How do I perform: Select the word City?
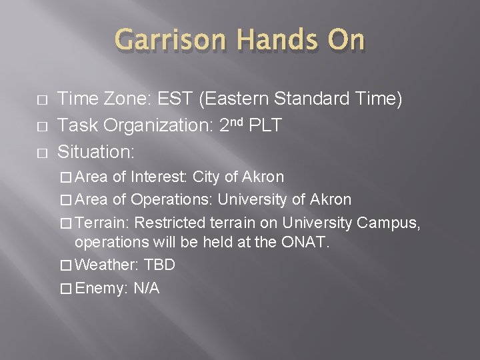207,178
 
